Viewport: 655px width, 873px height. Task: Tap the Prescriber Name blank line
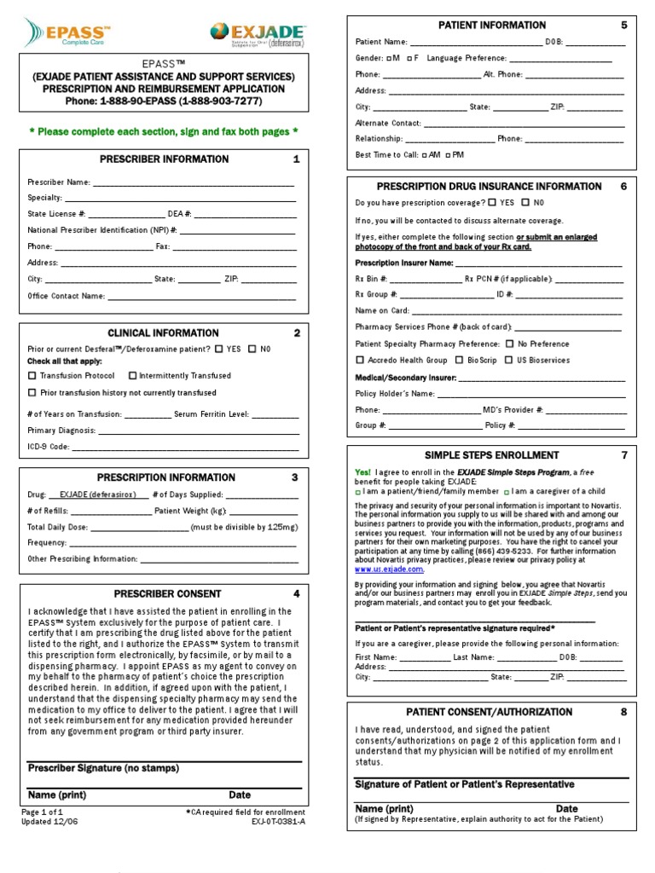193,182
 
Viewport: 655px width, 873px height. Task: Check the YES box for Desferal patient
219,349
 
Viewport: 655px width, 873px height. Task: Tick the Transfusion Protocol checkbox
32,375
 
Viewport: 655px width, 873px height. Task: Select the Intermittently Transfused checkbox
133,375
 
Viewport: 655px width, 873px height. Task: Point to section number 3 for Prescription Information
295,477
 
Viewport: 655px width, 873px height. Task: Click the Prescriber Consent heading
167,593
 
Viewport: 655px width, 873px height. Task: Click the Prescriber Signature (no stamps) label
103,768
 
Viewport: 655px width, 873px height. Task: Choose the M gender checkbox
389,58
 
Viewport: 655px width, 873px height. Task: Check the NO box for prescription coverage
525,203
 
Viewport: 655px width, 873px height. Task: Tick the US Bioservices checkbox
509,360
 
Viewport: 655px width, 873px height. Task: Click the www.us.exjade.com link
390,569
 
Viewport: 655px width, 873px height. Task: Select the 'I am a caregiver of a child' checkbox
507,492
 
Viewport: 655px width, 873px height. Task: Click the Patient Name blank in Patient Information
476,42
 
